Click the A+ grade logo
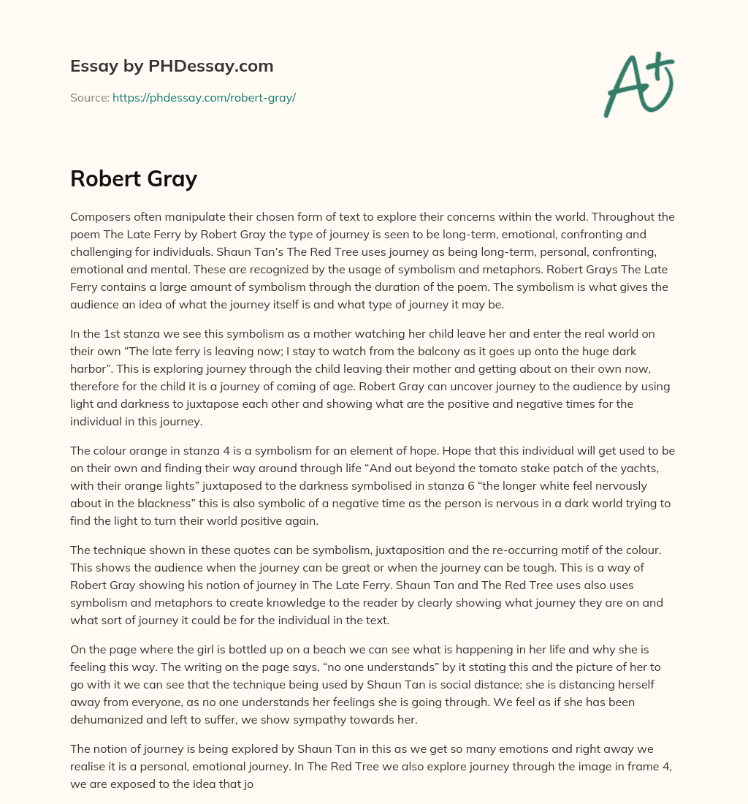(x=638, y=84)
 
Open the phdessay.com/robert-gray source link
(x=204, y=97)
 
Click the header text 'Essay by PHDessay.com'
(x=172, y=66)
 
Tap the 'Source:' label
(x=90, y=97)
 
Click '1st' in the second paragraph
(x=121, y=333)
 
